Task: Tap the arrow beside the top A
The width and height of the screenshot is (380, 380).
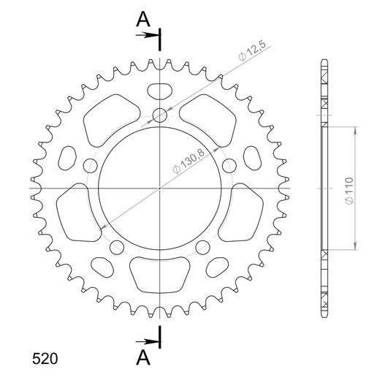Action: (x=149, y=34)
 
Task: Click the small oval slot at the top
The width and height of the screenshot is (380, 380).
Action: (x=160, y=91)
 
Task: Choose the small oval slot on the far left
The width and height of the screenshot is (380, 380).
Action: (x=68, y=157)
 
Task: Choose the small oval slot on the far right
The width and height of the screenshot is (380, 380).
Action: (x=252, y=157)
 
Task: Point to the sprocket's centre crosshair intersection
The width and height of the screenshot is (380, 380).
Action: (x=160, y=189)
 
